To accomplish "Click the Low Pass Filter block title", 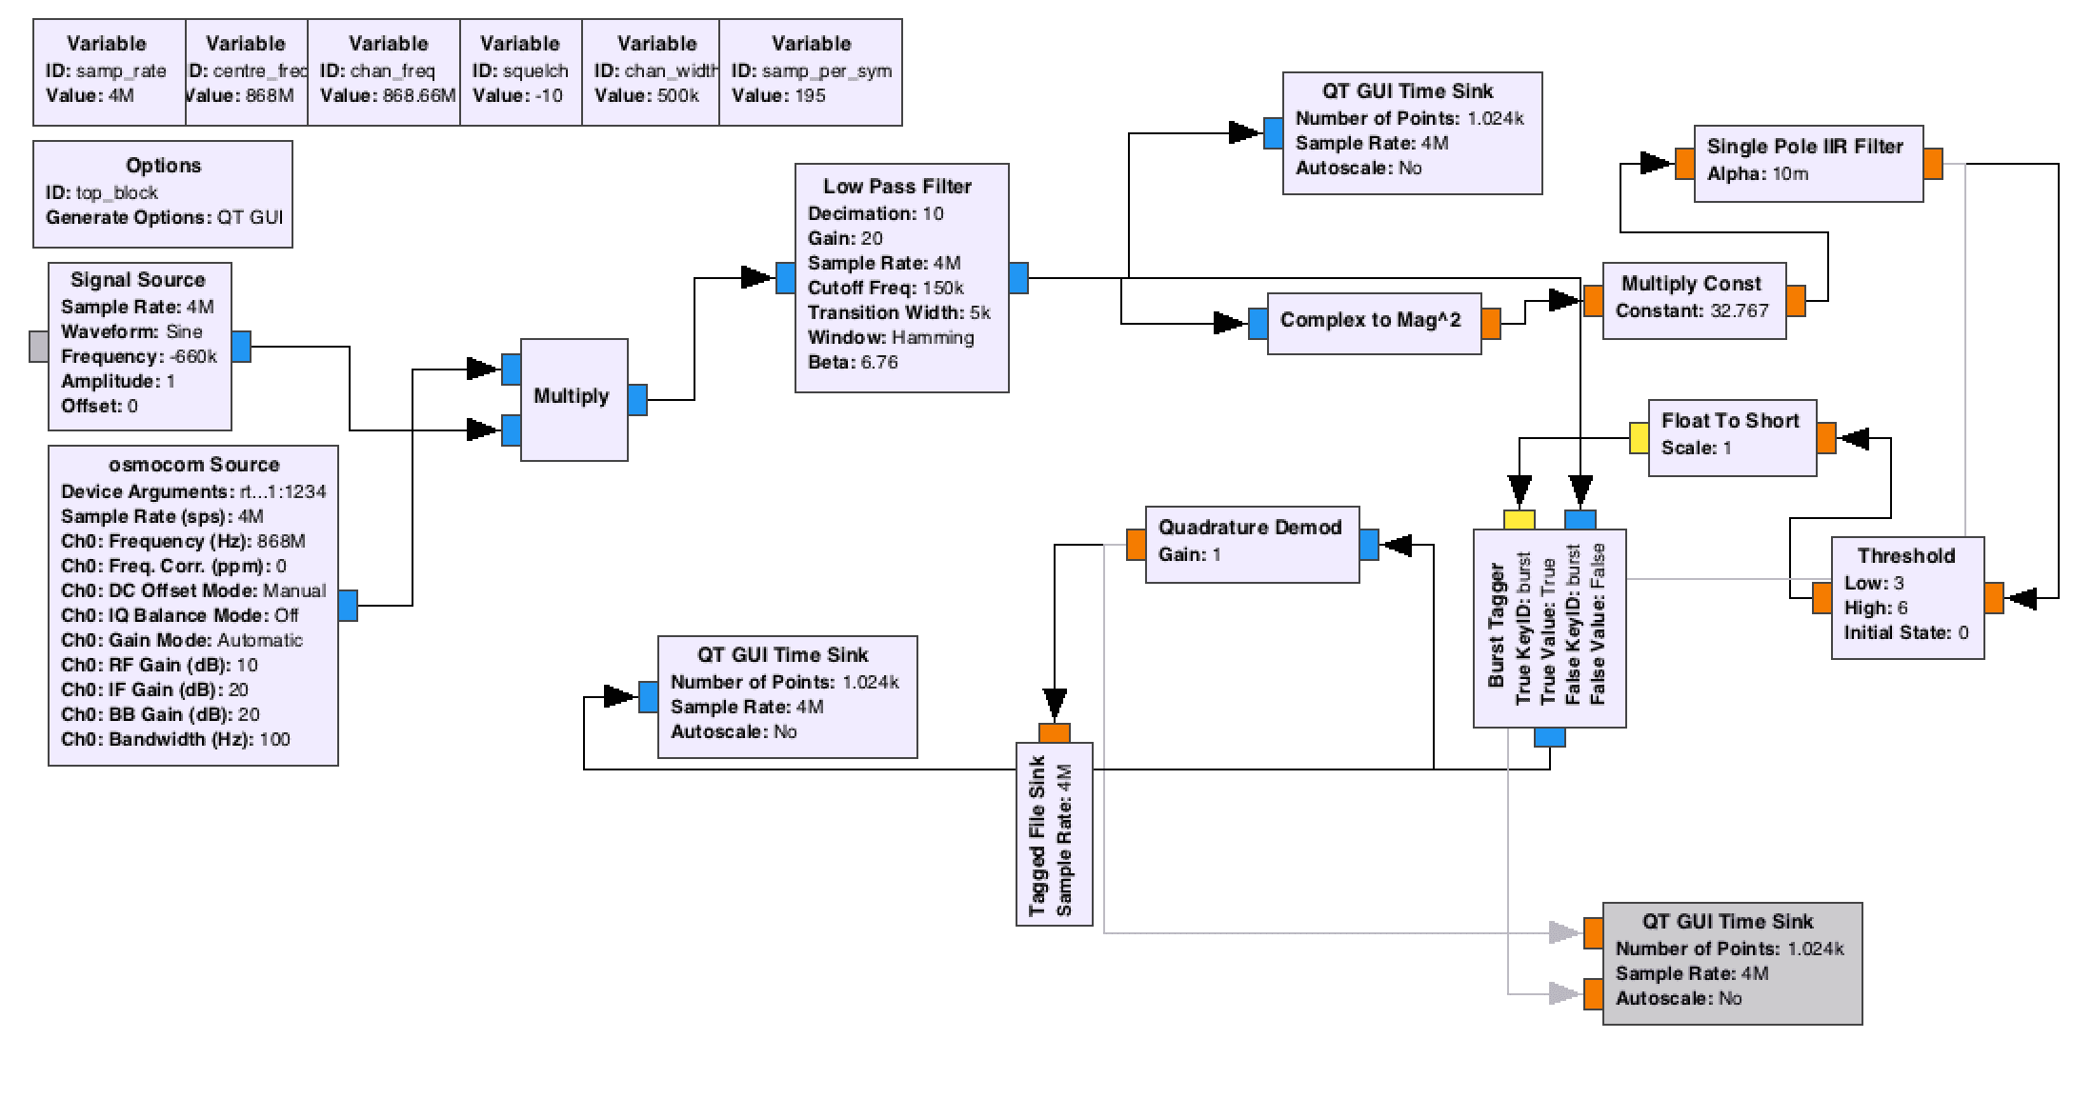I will pyautogui.click(x=897, y=187).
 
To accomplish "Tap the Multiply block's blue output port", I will pyautogui.click(x=637, y=400).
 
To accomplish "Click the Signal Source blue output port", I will pyautogui.click(x=242, y=347).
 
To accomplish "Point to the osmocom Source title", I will pyautogui.click(x=194, y=465).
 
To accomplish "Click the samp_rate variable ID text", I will pyautogui.click(x=121, y=71).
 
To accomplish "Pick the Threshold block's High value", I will pyautogui.click(x=1902, y=608).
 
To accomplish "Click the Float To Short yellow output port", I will pyautogui.click(x=1639, y=438).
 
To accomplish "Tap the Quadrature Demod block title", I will pyautogui.click(x=1250, y=528).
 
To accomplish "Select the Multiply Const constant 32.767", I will pyautogui.click(x=1739, y=311).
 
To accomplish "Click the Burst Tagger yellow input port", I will pyautogui.click(x=1519, y=520).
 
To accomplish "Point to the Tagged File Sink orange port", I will pyautogui.click(x=1055, y=732).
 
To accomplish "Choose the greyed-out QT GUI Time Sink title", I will pyautogui.click(x=1727, y=922).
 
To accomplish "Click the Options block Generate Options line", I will pyautogui.click(x=165, y=218).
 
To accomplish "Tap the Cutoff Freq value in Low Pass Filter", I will pyautogui.click(x=943, y=289).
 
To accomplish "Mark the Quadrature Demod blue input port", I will pyautogui.click(x=1369, y=545).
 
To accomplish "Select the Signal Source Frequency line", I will pyautogui.click(x=139, y=357).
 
